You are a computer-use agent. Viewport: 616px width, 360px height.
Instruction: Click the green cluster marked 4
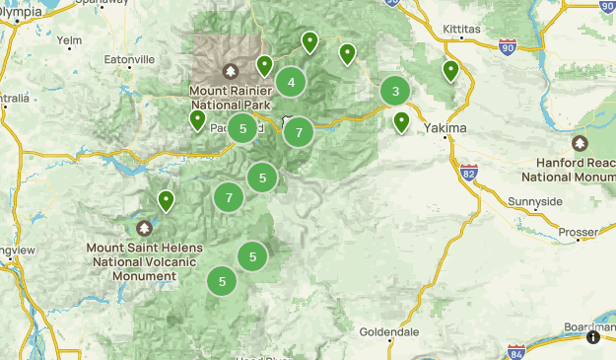[x=291, y=83]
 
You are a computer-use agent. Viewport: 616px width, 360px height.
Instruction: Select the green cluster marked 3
[x=395, y=92]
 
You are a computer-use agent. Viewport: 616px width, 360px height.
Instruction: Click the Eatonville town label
[x=131, y=60]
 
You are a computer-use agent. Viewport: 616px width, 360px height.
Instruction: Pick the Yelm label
[x=70, y=41]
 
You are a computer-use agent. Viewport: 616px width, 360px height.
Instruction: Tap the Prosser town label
[x=578, y=233]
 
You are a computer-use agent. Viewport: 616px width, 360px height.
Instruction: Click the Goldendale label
[x=389, y=331]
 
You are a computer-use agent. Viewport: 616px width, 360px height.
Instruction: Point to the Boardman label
[x=590, y=326]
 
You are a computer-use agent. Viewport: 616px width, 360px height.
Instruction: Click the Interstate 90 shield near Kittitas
[x=507, y=46]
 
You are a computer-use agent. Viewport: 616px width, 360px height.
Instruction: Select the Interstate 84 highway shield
[x=516, y=350]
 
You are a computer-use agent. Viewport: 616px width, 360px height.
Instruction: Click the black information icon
[x=593, y=337]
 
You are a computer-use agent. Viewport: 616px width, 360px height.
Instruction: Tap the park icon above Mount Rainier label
[x=231, y=71]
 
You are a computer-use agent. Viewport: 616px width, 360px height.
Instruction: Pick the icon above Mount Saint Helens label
[x=144, y=228]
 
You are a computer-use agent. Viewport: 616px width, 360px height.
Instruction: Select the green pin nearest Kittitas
[x=450, y=71]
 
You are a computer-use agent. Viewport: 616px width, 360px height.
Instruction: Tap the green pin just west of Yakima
[x=401, y=122]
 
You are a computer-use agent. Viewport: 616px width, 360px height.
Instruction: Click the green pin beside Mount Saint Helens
[x=167, y=201]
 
